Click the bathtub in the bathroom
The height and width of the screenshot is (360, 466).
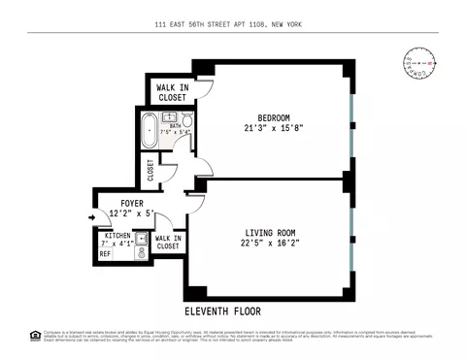coord(150,129)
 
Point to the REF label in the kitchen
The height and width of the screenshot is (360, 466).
coord(104,255)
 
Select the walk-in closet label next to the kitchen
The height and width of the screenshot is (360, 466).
coord(168,242)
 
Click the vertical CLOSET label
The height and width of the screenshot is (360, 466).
coord(150,171)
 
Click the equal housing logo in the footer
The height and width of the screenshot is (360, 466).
coord(36,336)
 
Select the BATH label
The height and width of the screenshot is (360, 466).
coord(176,124)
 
